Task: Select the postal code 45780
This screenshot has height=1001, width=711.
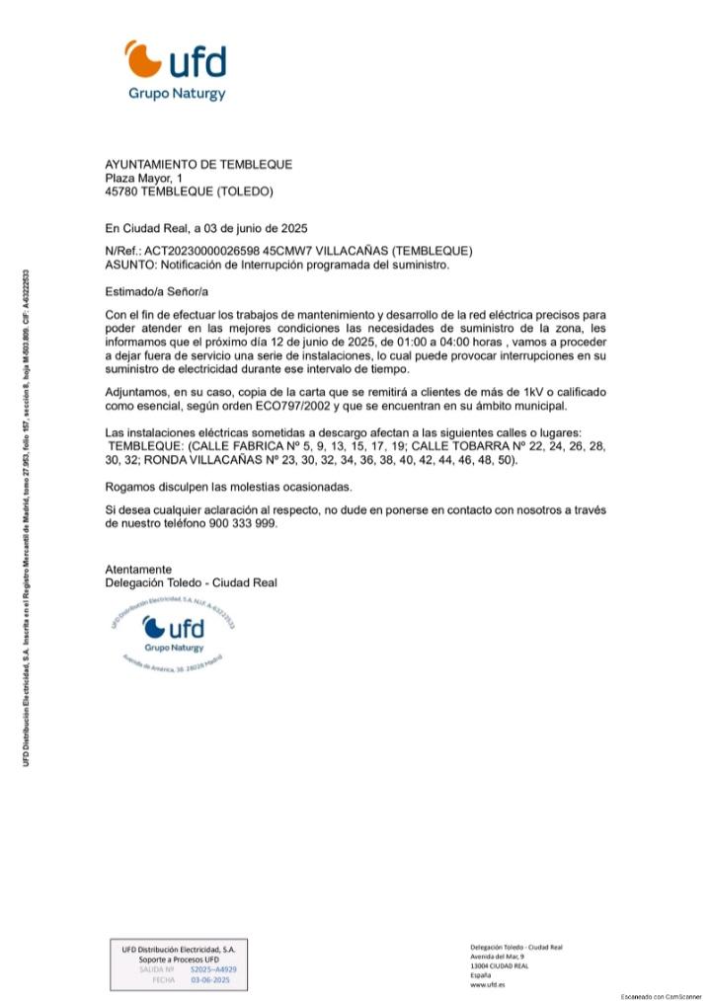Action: pyautogui.click(x=122, y=192)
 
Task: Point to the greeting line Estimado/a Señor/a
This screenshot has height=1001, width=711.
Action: pyautogui.click(x=157, y=292)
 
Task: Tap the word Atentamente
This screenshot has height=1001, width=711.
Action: pyautogui.click(x=138, y=570)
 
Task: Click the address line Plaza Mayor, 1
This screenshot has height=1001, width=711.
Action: pyautogui.click(x=144, y=178)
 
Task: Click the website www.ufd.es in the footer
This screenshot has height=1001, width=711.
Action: pyautogui.click(x=488, y=984)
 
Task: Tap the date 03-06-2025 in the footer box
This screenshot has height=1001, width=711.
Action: pyautogui.click(x=209, y=980)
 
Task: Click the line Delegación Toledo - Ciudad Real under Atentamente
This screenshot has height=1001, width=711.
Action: pyautogui.click(x=192, y=583)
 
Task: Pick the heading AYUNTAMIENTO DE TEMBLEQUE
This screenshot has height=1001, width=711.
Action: pyautogui.click(x=198, y=164)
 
